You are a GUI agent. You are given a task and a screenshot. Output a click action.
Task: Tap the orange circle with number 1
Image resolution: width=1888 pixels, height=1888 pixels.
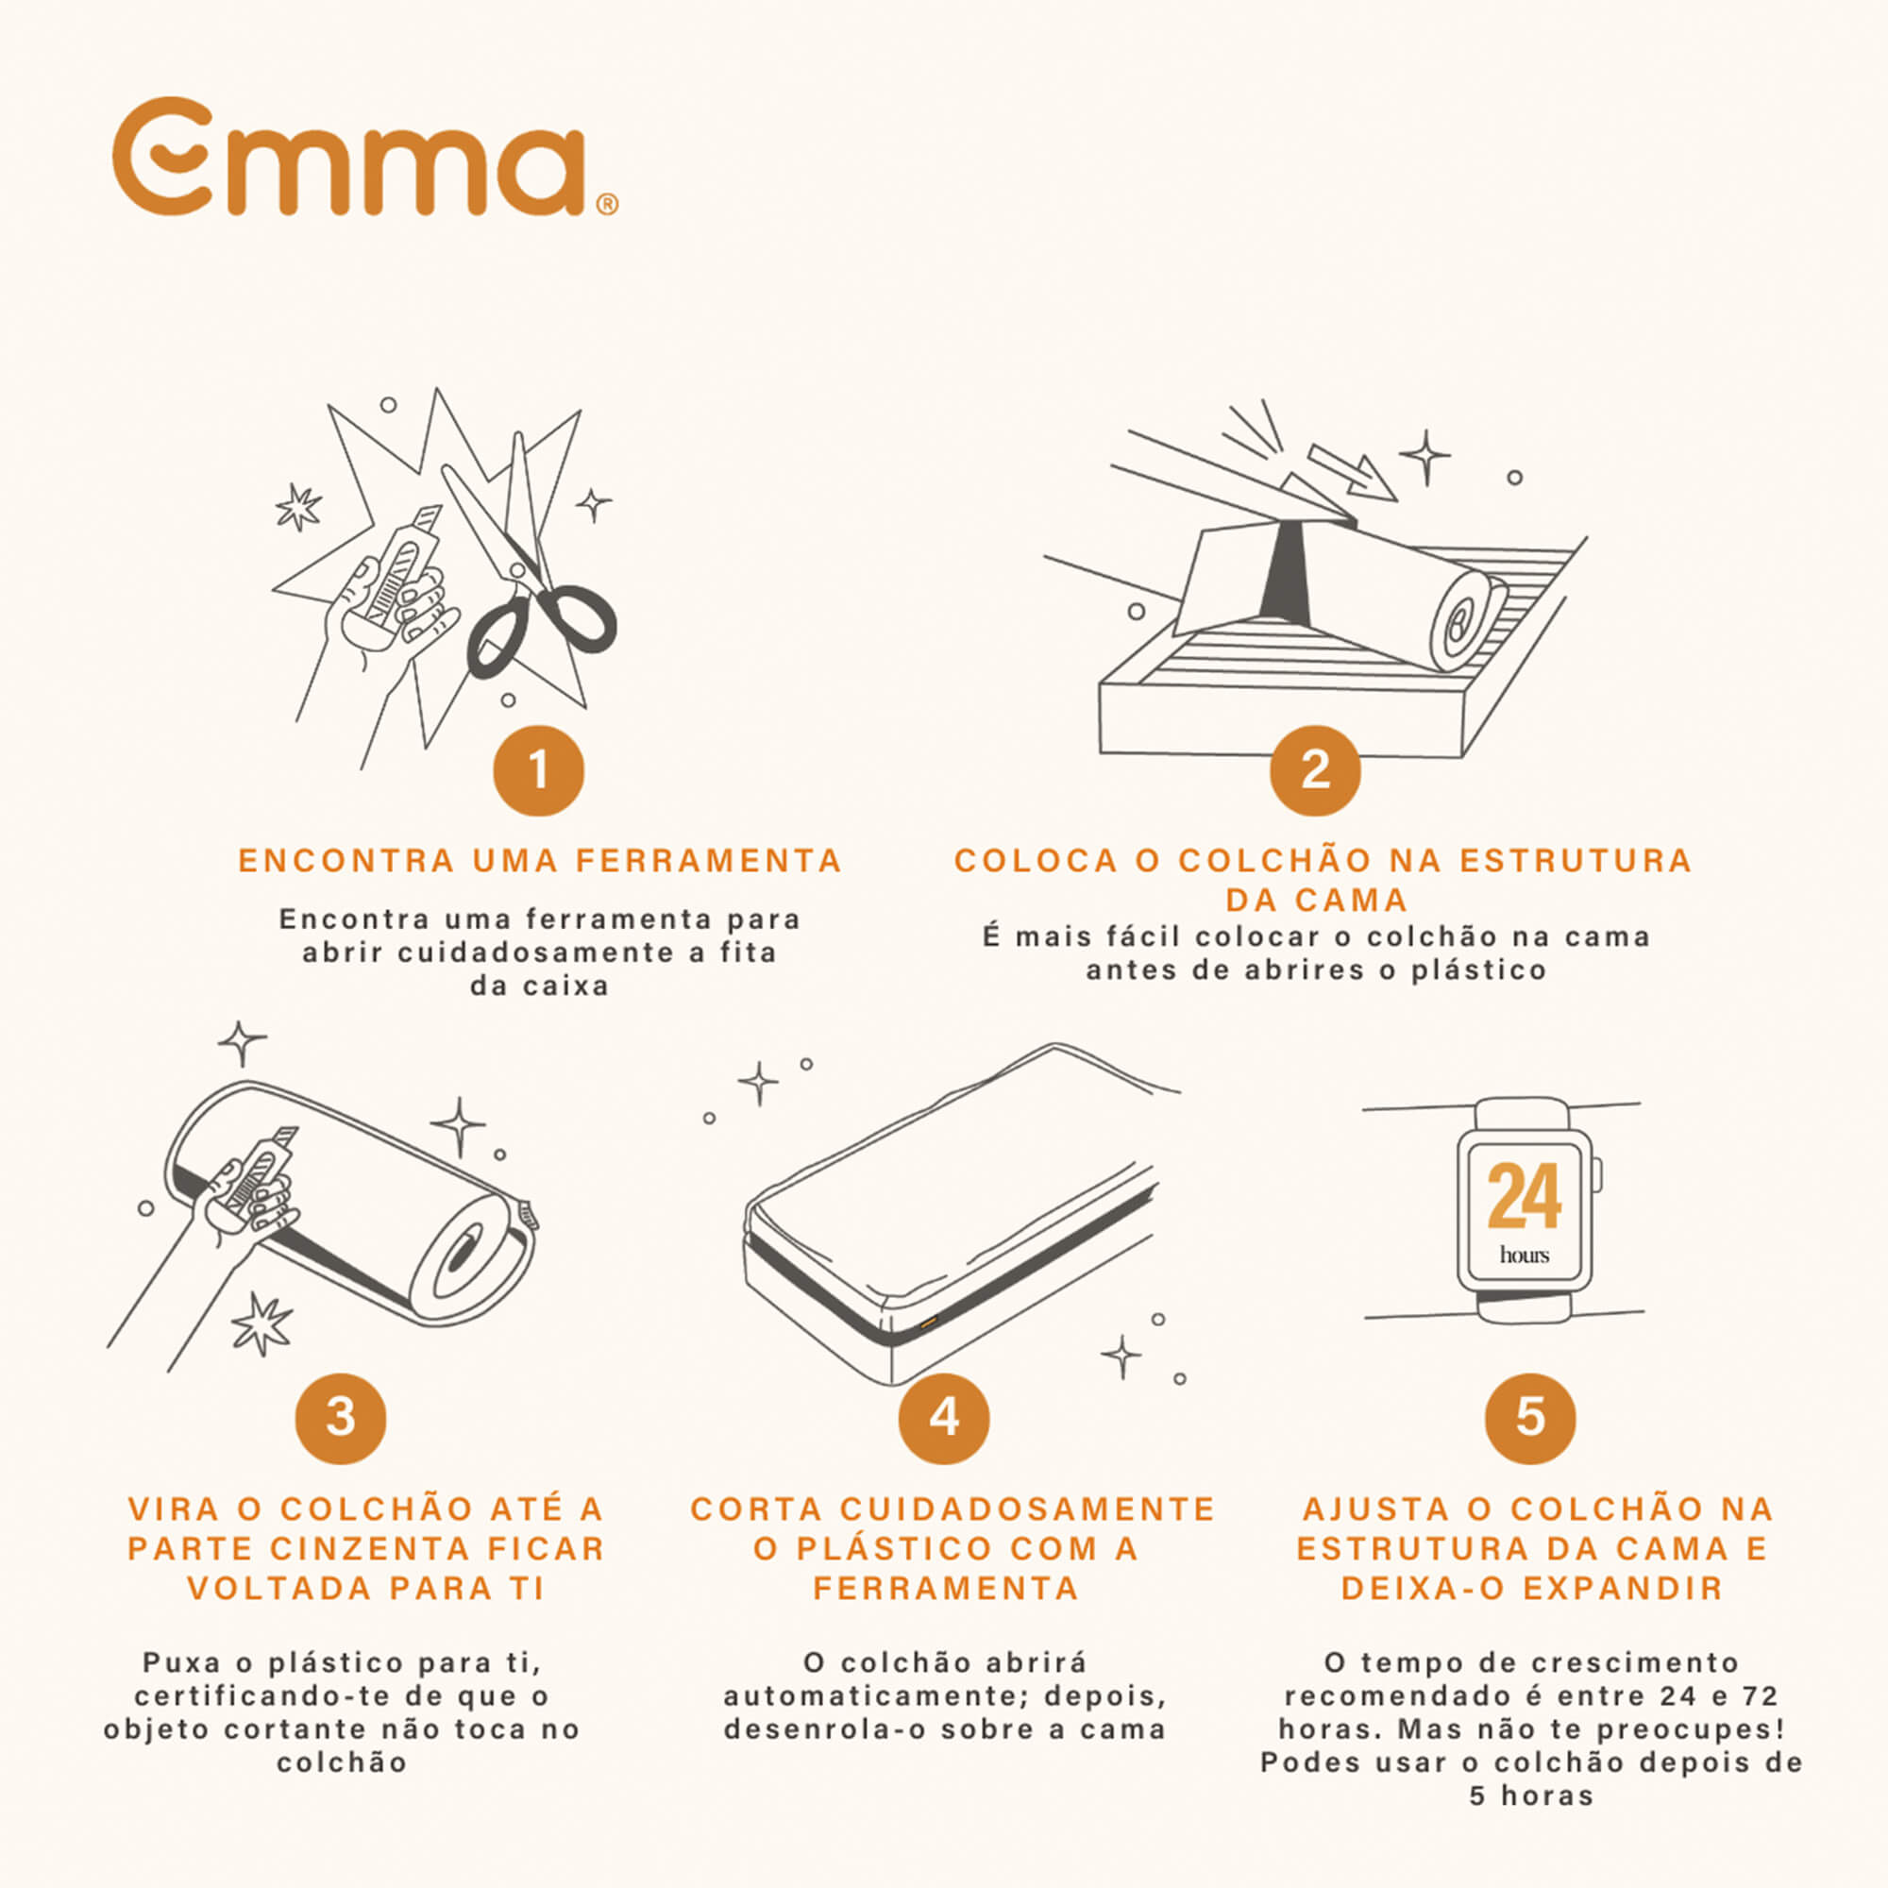point(538,771)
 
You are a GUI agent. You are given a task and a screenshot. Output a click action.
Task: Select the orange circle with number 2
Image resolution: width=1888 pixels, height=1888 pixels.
point(1315,771)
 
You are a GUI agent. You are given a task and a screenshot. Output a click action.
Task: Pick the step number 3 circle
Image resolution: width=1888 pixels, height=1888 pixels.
point(341,1418)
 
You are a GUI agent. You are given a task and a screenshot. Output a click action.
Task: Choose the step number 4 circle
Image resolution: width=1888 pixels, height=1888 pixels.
point(944,1418)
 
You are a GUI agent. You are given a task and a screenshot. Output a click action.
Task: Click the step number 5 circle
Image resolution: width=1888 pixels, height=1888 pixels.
point(1530,1418)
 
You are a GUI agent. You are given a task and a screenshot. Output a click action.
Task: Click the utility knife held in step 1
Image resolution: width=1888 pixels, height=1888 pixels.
point(396,572)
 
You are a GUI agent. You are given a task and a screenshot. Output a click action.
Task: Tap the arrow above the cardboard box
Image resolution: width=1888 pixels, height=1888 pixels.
point(1352,473)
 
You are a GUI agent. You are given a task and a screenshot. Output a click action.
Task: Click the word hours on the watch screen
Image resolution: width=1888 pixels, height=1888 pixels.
point(1525,1254)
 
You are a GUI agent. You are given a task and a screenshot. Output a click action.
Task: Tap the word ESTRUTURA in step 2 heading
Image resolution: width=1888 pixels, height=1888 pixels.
point(1576,861)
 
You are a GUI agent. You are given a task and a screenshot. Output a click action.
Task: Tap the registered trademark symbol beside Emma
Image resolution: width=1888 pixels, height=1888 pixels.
point(607,204)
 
